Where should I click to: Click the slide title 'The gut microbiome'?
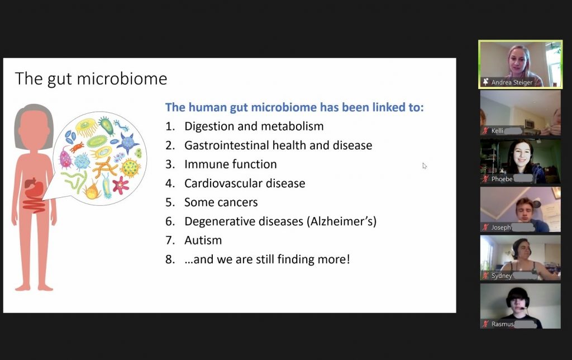pyautogui.click(x=91, y=79)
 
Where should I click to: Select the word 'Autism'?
pyautogui.click(x=203, y=240)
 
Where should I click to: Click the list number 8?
pyautogui.click(x=170, y=259)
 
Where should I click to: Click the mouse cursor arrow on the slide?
pyautogui.click(x=425, y=166)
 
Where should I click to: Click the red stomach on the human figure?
pyautogui.click(x=34, y=187)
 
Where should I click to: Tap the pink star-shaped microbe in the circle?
pyautogui.click(x=121, y=185)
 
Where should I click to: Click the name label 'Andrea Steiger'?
pyautogui.click(x=512, y=83)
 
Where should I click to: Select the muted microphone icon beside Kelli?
pyautogui.click(x=485, y=130)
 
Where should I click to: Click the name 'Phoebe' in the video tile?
pyautogui.click(x=502, y=179)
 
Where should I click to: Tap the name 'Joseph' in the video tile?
pyautogui.click(x=501, y=228)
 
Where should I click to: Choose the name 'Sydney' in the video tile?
pyautogui.click(x=502, y=276)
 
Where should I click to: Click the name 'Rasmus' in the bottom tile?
pyautogui.click(x=502, y=324)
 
